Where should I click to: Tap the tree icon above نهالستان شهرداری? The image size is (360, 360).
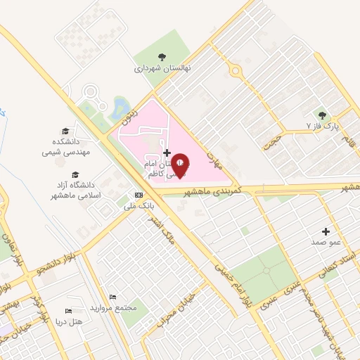(x=162, y=58)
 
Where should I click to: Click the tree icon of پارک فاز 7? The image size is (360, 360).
(x=322, y=115)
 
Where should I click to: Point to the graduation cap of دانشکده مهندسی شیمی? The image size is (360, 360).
(x=65, y=131)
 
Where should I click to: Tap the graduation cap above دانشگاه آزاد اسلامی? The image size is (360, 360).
(x=75, y=175)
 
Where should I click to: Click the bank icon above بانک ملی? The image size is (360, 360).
(x=139, y=195)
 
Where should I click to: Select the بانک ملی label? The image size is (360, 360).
(x=138, y=206)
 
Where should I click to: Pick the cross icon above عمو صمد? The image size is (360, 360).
(x=326, y=231)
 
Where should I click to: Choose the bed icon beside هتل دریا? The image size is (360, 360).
(x=68, y=311)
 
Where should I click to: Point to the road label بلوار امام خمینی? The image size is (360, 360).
(x=234, y=278)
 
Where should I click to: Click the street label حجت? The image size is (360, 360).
(x=272, y=140)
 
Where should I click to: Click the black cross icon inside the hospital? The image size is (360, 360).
(x=167, y=153)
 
